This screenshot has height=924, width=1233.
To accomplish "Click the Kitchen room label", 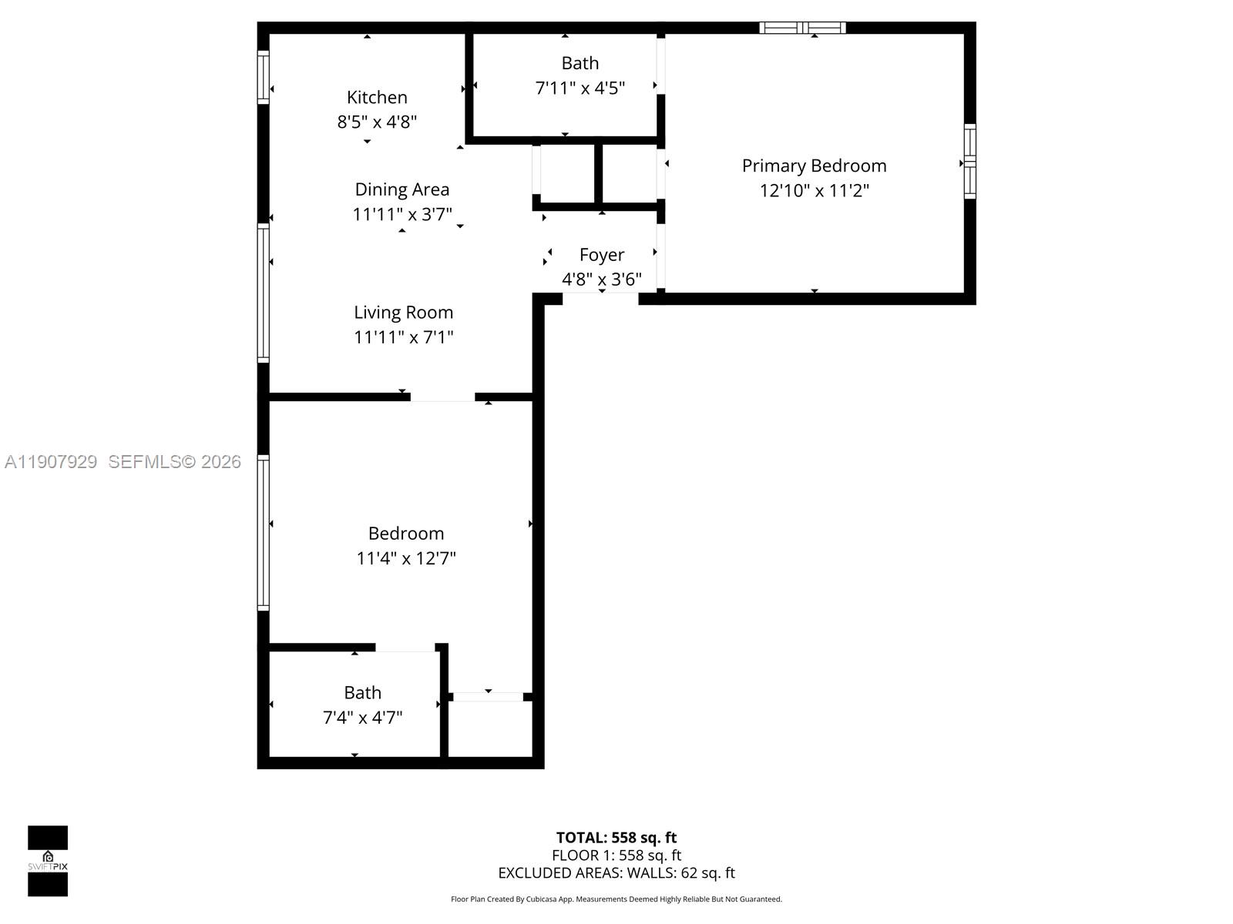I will (x=377, y=98).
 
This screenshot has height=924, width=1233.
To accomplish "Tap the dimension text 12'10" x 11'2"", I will (x=814, y=191).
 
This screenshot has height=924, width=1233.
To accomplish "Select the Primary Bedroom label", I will (x=814, y=166).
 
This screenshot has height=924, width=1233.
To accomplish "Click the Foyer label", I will (x=602, y=255).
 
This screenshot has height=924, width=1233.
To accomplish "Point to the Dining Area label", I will (x=401, y=189).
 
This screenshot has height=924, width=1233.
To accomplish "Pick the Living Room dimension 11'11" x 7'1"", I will (x=403, y=337).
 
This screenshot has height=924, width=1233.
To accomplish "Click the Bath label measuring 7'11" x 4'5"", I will (x=580, y=63).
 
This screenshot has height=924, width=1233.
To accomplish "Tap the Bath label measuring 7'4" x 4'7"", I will (x=362, y=693).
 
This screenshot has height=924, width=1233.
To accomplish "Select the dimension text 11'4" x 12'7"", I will (x=405, y=558).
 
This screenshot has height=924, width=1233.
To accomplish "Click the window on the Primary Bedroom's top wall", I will (x=802, y=28).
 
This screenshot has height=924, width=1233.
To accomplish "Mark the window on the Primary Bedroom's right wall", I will (x=970, y=162).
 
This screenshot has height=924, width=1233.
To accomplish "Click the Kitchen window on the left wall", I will (x=263, y=77).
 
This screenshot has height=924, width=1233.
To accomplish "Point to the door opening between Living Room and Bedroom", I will (x=442, y=397).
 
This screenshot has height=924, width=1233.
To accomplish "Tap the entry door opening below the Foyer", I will (x=600, y=299).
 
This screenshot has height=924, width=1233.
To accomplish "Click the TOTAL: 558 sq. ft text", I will (x=616, y=838).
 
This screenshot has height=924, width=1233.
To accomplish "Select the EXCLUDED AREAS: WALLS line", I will (x=616, y=873).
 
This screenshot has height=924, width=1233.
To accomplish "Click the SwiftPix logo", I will (x=48, y=861).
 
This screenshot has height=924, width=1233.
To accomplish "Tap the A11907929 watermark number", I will (x=51, y=462).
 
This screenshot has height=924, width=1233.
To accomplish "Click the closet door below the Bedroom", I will (x=488, y=697).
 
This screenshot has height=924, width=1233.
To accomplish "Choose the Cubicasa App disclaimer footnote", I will (x=616, y=899).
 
